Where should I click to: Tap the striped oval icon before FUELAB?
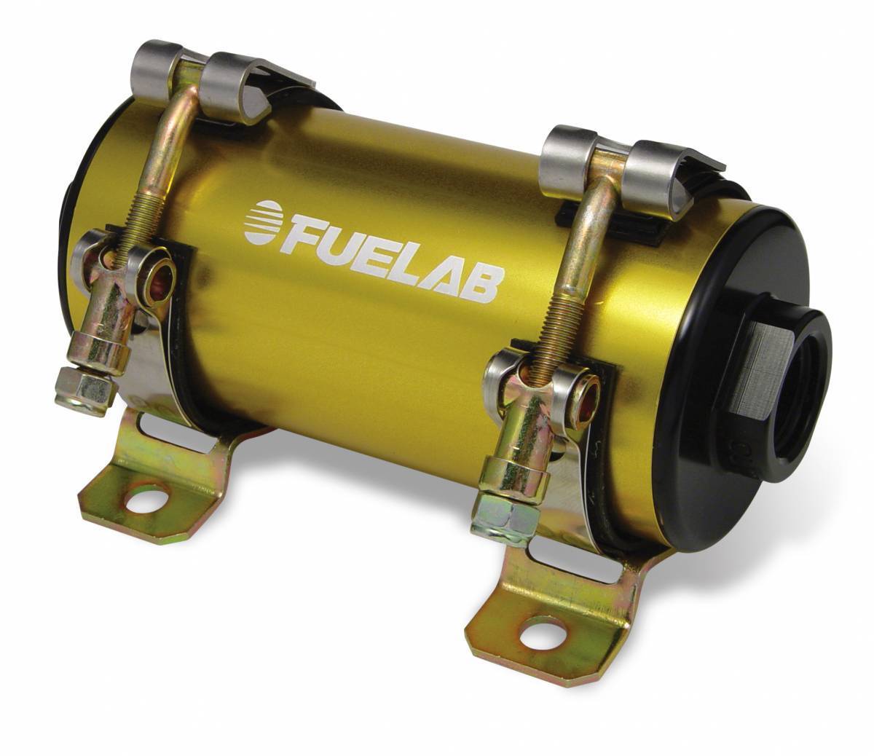pos(265,221)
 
